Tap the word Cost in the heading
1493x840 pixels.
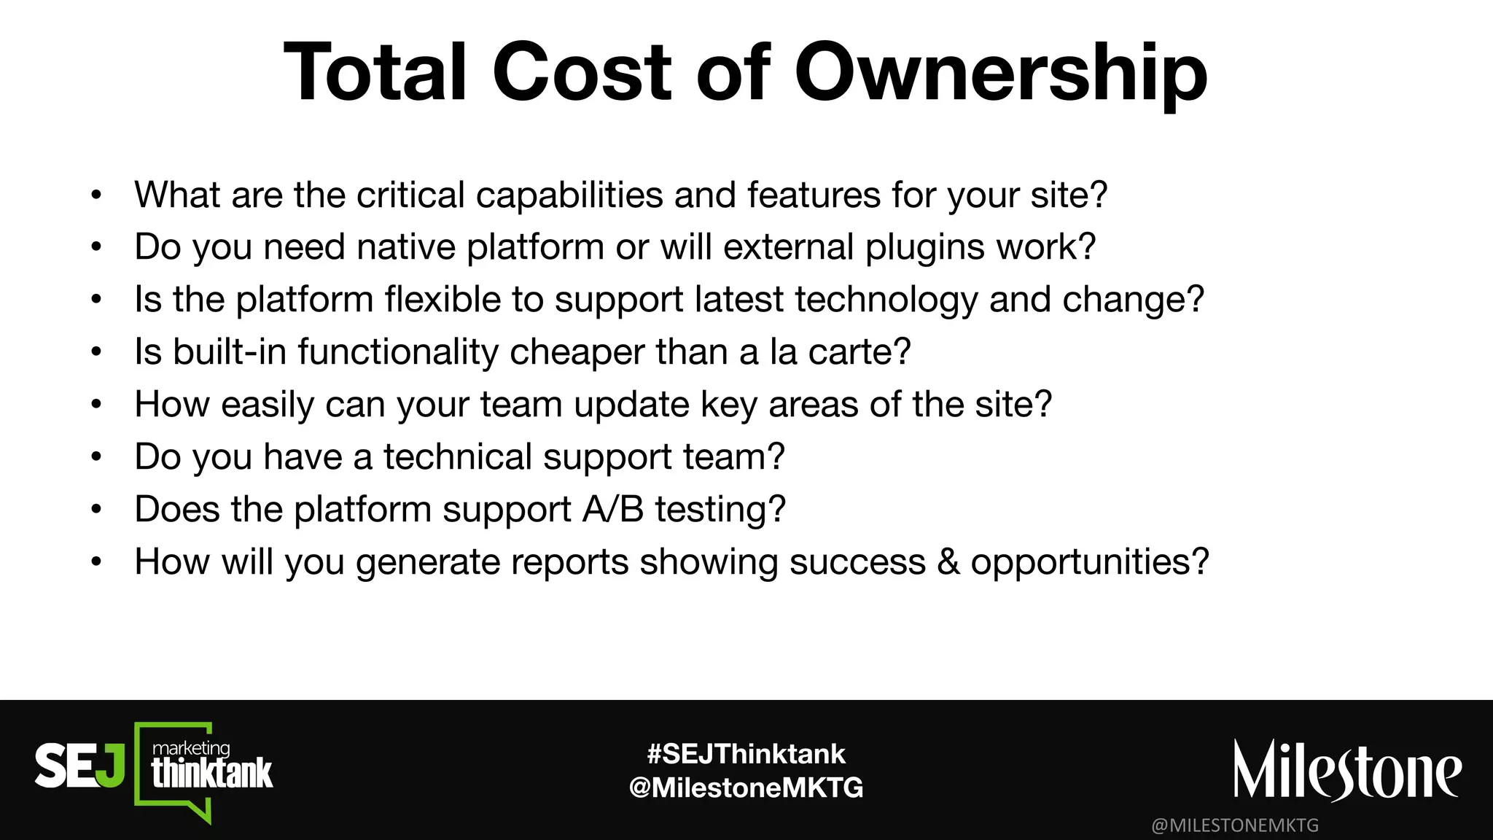coord(582,73)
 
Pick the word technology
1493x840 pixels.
coord(886,300)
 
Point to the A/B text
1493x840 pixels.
coord(613,510)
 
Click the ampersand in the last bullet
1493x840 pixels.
coord(948,562)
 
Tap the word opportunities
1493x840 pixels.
coord(1089,562)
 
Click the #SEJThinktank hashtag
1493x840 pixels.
coord(746,754)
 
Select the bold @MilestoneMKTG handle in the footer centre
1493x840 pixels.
coord(746,787)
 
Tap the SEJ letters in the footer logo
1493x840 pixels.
coord(79,766)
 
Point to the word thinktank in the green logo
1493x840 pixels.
coord(211,774)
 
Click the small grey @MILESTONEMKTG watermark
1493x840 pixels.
coord(1235,825)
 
